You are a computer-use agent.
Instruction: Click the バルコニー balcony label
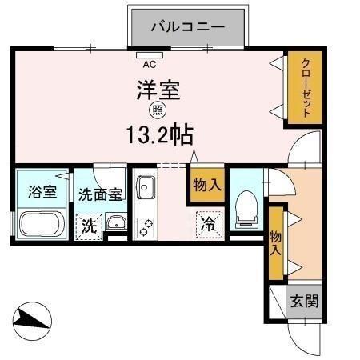pos(189,26)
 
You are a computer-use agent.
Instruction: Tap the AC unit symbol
pos(149,57)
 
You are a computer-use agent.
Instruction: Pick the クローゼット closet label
pos(306,87)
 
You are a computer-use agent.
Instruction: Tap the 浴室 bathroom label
pos(42,192)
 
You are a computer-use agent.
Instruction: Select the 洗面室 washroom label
pos(100,194)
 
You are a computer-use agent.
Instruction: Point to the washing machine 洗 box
pos(90,226)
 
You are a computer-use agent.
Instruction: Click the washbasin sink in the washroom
pos(115,223)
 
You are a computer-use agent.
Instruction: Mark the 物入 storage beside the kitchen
pos(206,186)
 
